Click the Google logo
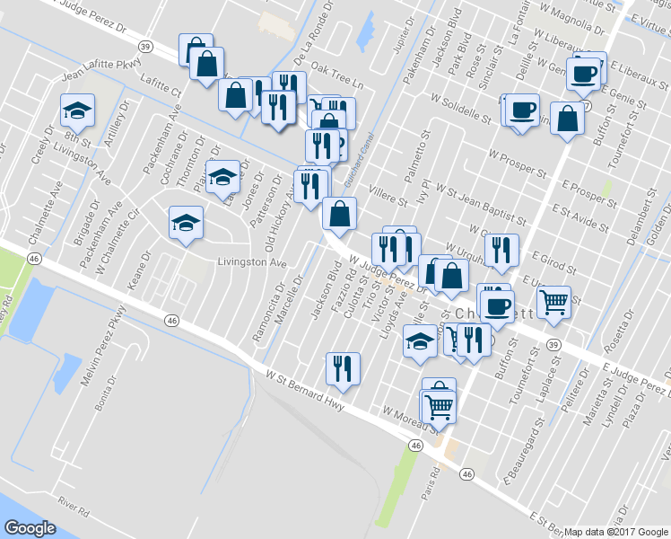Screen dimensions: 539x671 point(30,528)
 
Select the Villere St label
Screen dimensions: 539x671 point(377,186)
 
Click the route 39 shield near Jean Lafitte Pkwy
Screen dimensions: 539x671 point(144,44)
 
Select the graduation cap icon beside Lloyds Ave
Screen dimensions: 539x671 point(419,340)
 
